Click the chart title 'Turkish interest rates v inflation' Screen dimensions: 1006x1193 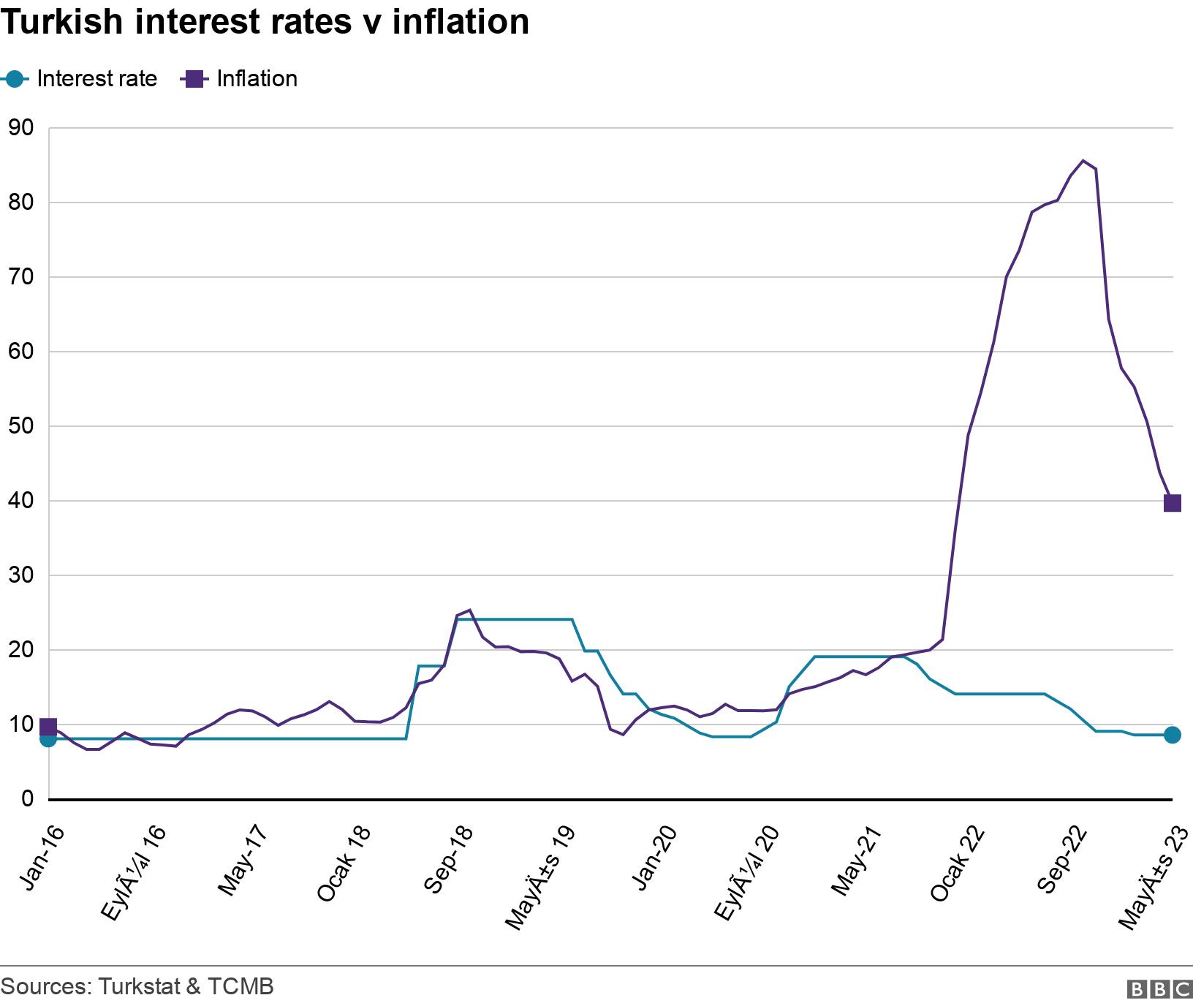point(265,22)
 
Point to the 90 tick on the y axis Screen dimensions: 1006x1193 point(21,128)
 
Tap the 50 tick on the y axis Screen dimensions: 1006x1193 point(21,426)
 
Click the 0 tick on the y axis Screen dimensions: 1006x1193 point(28,798)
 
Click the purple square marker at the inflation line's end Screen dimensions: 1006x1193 point(1172,503)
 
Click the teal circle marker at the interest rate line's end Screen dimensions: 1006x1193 point(1172,735)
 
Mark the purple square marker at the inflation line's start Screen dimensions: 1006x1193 point(48,727)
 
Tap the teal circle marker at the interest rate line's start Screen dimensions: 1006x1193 point(48,739)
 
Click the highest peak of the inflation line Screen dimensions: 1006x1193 point(1083,161)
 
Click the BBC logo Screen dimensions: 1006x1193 point(1159,989)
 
